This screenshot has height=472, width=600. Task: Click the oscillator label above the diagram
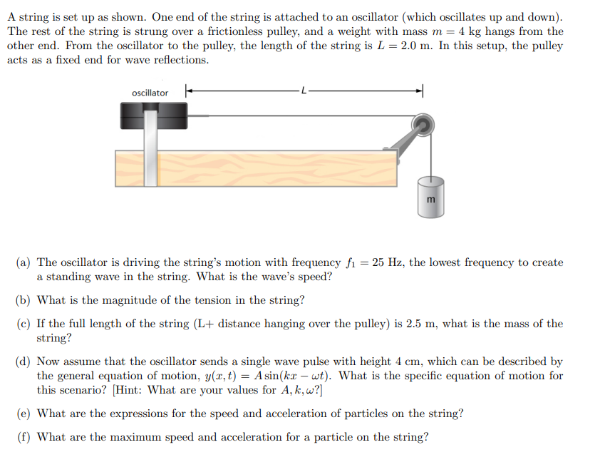click(x=150, y=93)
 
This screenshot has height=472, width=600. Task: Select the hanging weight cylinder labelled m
click(x=430, y=194)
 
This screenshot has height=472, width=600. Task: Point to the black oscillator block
click(x=152, y=116)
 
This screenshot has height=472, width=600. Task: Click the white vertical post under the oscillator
click(x=150, y=153)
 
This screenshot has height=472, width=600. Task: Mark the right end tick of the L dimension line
click(x=423, y=91)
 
